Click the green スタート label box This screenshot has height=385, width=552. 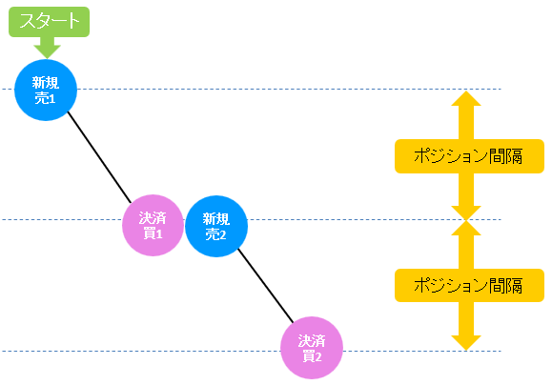[x=49, y=22]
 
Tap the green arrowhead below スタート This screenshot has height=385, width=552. [x=47, y=51]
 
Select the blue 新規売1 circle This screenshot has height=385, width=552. [x=46, y=91]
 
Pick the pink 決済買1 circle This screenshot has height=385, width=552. [x=153, y=225]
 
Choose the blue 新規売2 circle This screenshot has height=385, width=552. [x=216, y=226]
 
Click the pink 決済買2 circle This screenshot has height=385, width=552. [x=312, y=348]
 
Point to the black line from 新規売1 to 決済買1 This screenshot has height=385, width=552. [x=99, y=157]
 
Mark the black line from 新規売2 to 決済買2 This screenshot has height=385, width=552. [x=265, y=286]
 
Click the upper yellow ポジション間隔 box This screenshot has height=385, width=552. [x=469, y=156]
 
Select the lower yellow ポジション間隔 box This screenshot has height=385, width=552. [x=469, y=285]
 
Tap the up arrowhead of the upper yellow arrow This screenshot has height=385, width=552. [x=466, y=98]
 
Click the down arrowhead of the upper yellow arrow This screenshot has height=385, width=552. [x=466, y=213]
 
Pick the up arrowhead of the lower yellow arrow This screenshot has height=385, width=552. [x=466, y=228]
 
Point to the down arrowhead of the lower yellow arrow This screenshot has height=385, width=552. [x=466, y=343]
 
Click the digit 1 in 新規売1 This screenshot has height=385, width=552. [x=52, y=99]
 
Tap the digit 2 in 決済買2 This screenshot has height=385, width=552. [x=318, y=357]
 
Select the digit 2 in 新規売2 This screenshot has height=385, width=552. [x=223, y=234]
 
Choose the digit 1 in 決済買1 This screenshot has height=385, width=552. [x=159, y=234]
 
